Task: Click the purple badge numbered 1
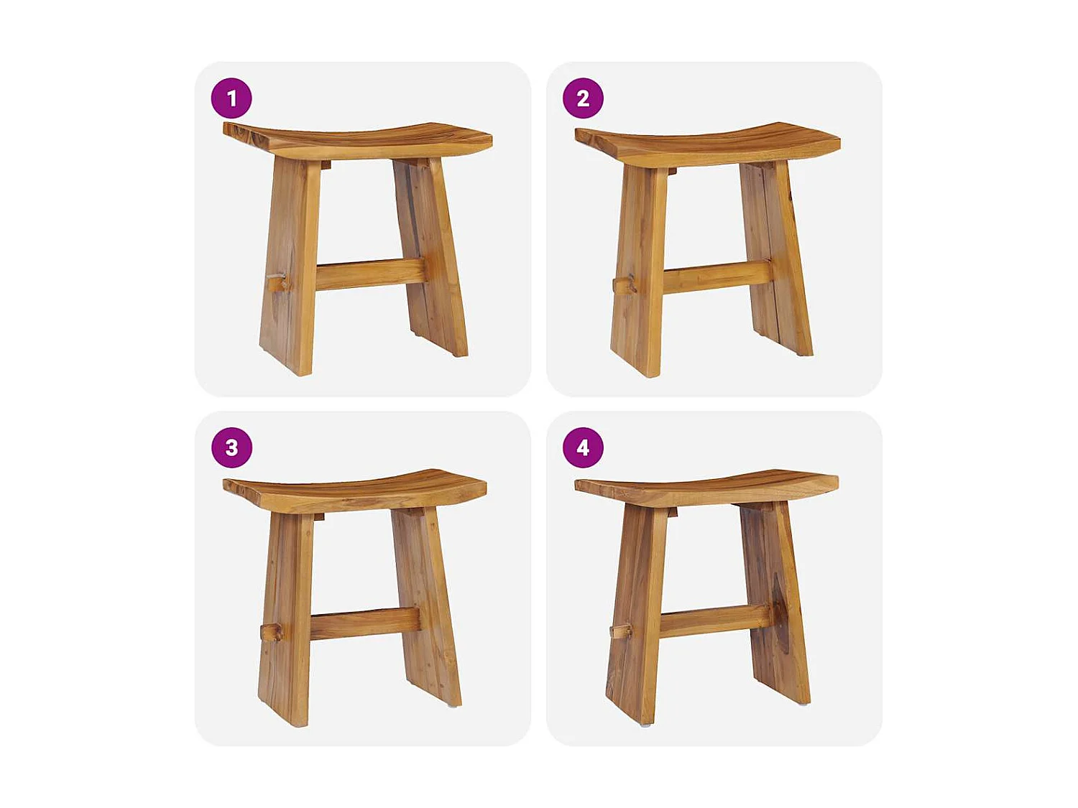231,98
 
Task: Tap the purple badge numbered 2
583,98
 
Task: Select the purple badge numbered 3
231,447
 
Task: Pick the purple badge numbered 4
583,447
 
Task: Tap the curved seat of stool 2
708,144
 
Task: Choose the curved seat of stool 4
706,488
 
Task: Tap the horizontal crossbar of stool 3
364,623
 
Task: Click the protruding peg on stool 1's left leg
276,283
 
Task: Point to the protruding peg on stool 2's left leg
624,285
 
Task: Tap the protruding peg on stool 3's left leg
271,632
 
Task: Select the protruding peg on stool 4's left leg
620,631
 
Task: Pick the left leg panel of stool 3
287,618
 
